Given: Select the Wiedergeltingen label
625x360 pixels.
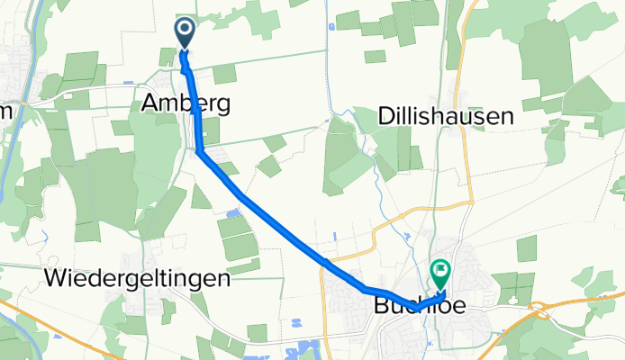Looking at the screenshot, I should coord(136,278).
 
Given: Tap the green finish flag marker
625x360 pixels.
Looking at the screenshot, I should coord(441,269).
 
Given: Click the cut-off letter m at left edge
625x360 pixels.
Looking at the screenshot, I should coord(5,109).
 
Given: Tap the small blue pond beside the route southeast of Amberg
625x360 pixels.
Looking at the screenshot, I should coord(234,212).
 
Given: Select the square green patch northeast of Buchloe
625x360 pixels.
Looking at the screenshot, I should coord(527,247).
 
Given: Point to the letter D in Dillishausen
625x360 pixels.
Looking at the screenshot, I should coord(381,116).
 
